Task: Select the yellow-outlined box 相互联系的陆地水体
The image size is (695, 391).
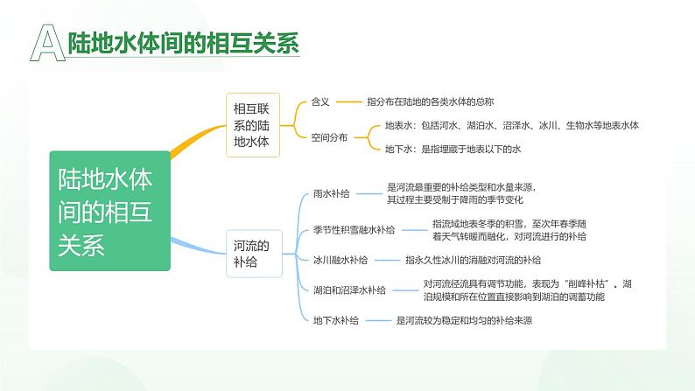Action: (x=251, y=125)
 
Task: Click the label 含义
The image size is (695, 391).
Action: (x=320, y=102)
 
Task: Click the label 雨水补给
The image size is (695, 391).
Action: (x=331, y=193)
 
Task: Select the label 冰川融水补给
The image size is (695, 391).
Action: (x=340, y=260)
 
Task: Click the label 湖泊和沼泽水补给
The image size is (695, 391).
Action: (x=348, y=290)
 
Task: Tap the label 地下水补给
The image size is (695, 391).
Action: (x=336, y=320)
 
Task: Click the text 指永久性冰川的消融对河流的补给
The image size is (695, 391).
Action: (x=473, y=260)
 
